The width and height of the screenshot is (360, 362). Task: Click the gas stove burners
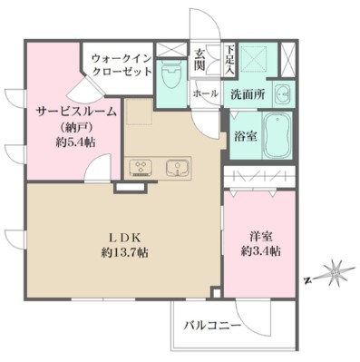(x=142, y=167)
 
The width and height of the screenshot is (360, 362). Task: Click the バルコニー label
(x=210, y=323)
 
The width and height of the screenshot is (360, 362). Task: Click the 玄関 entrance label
(x=199, y=60)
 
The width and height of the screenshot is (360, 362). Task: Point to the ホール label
(x=204, y=93)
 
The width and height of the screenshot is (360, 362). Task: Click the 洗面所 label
(x=247, y=93)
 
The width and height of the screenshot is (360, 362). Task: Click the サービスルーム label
(x=77, y=110)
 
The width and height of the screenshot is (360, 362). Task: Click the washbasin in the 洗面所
(x=281, y=93)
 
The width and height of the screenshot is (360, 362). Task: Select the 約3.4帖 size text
(x=259, y=251)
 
